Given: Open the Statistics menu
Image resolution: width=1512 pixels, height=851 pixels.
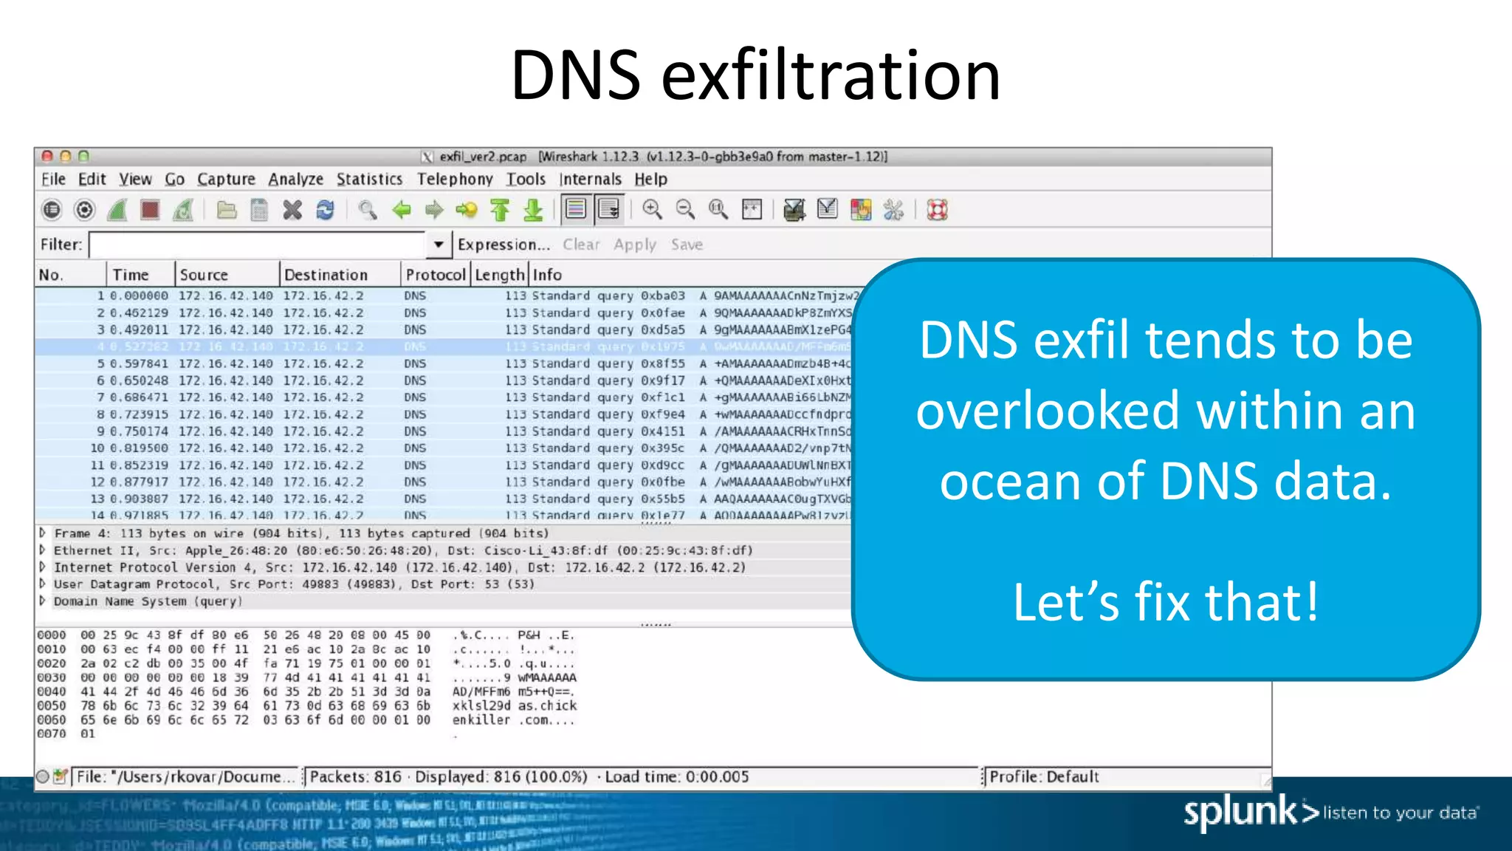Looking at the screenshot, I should (369, 180).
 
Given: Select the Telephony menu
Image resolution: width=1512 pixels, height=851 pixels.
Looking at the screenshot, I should (455, 180).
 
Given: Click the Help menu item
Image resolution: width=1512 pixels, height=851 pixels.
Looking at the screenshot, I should (650, 180).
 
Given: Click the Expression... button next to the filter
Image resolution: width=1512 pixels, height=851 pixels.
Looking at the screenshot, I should (504, 245).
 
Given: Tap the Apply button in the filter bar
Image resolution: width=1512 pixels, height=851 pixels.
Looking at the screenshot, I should (634, 245).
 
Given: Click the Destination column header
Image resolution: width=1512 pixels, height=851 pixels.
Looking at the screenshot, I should (326, 275).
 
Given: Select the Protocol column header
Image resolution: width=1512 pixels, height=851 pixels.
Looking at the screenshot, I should (435, 275).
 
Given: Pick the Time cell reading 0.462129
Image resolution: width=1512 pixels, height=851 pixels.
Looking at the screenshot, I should (139, 313).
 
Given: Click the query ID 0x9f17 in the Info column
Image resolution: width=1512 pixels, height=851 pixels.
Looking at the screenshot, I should (662, 380).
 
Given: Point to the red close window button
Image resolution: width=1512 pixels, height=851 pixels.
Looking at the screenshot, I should (47, 157).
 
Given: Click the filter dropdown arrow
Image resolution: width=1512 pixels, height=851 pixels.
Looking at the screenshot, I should (439, 245).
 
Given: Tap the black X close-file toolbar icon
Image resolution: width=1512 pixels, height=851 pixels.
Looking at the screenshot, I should (292, 211).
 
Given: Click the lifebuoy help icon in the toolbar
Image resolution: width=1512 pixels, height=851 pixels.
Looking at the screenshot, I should (937, 211).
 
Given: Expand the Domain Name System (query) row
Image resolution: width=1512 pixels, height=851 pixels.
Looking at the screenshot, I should (43, 601).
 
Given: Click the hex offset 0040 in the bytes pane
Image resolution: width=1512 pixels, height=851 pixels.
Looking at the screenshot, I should (52, 692).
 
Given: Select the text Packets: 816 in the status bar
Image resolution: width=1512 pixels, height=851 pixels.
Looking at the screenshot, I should (355, 777).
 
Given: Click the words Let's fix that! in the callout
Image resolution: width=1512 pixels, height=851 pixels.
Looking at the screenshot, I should (1165, 602).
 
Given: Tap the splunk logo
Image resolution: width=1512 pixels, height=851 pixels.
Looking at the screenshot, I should (1240, 812).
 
